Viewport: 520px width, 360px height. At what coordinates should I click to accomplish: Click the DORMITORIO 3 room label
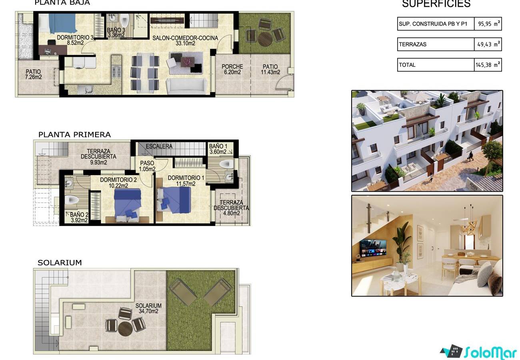75,37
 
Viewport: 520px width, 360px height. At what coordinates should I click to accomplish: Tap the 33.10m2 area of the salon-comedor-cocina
185,44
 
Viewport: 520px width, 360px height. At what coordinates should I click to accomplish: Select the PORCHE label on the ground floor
232,67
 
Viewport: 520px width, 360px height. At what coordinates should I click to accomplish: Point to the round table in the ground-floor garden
265,39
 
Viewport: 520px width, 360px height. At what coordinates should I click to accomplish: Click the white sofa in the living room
186,86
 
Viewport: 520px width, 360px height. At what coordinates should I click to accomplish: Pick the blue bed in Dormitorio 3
62,23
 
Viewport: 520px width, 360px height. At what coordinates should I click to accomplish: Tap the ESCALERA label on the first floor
159,146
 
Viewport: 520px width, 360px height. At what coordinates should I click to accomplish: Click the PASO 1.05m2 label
147,166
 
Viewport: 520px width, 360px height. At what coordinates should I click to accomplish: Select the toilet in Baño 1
226,164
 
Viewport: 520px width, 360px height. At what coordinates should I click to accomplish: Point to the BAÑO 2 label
79,214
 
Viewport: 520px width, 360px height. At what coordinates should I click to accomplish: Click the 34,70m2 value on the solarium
148,311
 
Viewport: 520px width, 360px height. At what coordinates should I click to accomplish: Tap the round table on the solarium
125,328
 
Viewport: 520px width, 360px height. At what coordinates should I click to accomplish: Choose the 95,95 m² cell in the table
488,24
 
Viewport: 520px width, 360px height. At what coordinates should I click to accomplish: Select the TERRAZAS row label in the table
412,44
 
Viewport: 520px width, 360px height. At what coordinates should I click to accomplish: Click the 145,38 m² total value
488,65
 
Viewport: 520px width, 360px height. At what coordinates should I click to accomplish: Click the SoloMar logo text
490,352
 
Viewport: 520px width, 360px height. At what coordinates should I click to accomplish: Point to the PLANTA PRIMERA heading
74,135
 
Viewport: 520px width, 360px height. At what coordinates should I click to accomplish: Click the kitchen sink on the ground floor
85,90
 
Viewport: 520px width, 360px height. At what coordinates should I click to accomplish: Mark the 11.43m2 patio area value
270,72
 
